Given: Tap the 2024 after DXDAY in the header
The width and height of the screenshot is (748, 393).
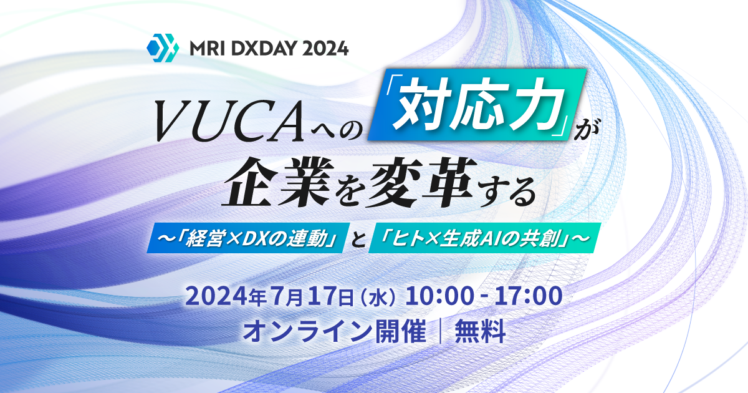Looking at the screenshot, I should (x=326, y=48).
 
